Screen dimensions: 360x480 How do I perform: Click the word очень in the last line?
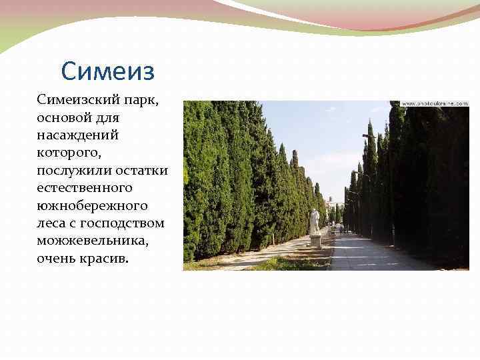coord(57,257)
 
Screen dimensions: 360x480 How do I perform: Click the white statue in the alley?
coord(315,221)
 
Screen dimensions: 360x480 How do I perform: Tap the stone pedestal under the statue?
coord(315,241)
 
